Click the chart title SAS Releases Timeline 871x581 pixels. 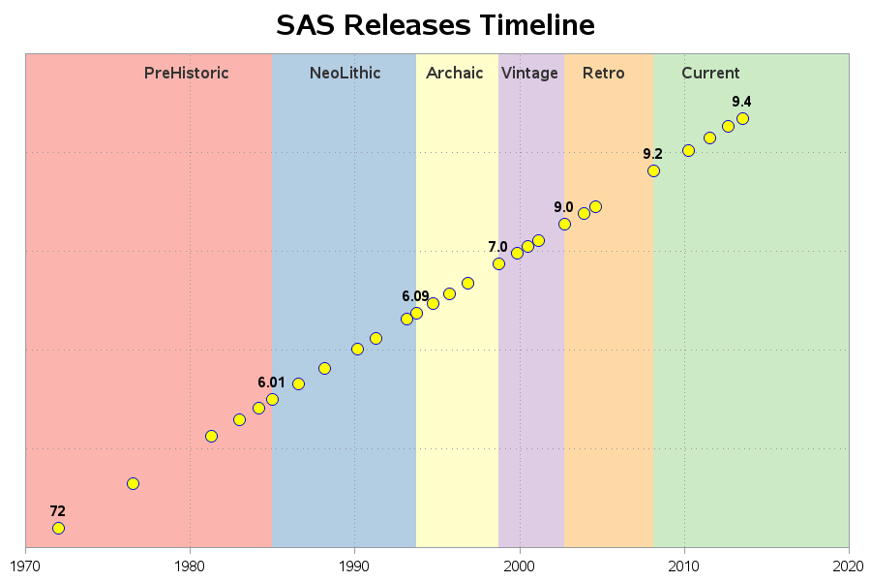435,25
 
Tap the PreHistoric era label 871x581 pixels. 186,73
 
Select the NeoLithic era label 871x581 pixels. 345,73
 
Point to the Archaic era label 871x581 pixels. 454,73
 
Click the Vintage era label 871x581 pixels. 529,73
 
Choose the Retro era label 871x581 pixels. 603,73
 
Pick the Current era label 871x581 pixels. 709,73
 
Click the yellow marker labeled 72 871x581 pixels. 58,528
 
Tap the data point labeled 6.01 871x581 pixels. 272,399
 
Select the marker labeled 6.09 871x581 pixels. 416,313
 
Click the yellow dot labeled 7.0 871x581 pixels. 498,263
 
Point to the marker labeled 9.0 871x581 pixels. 564,224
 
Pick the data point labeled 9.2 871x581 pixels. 653,170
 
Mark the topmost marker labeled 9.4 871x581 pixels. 742,118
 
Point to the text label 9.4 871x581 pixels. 741,102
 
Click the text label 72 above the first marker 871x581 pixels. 58,511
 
